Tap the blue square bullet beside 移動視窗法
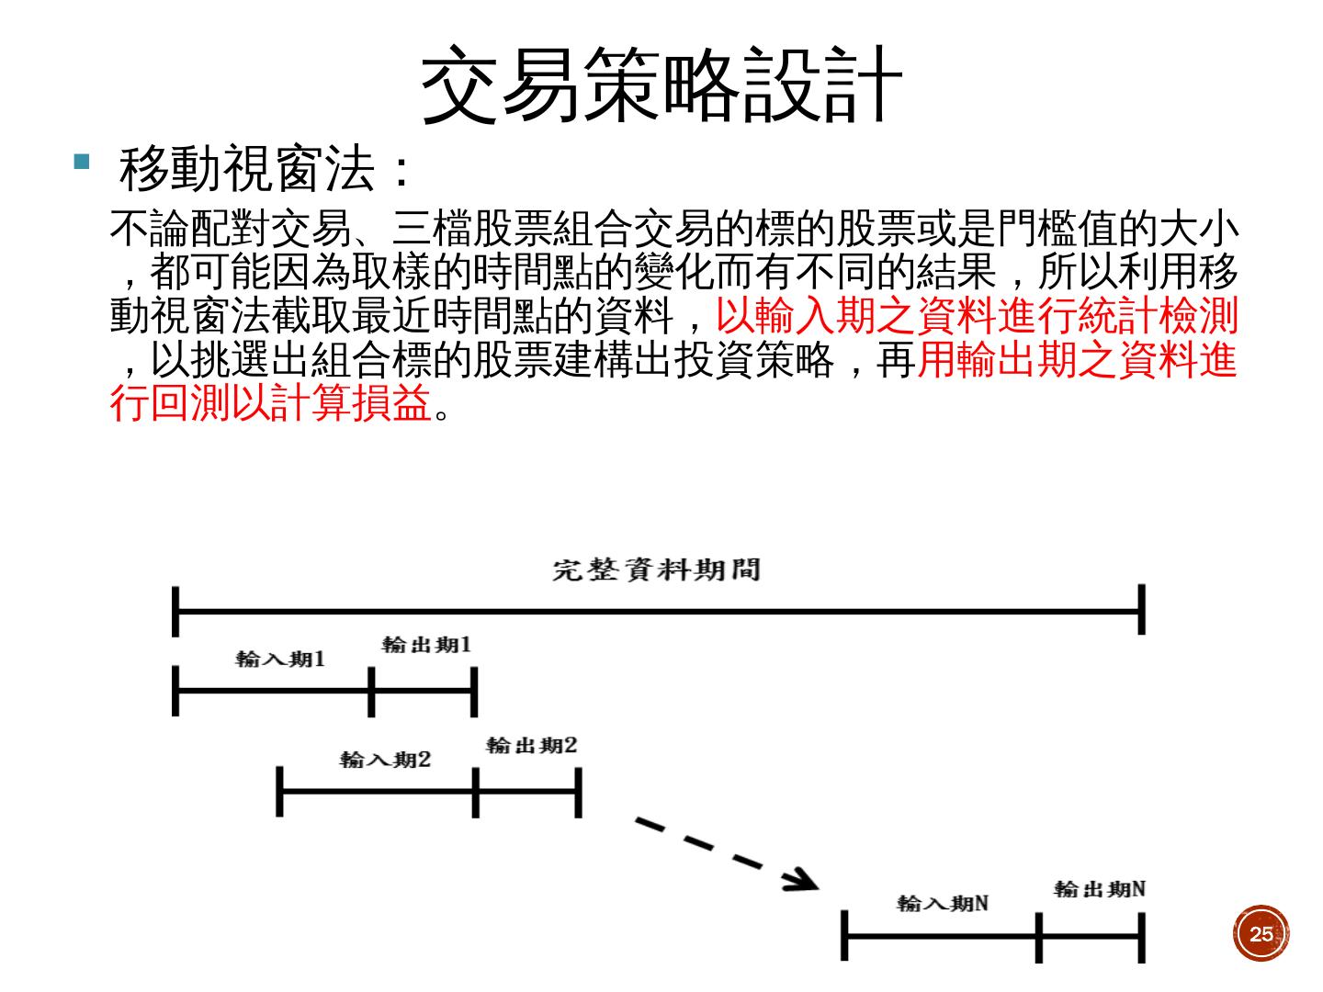point(82,163)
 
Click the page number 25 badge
point(1261,934)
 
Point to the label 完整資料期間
point(656,570)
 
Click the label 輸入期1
point(280,659)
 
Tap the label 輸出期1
point(426,645)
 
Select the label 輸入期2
point(385,760)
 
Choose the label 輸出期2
point(531,745)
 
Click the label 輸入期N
point(943,903)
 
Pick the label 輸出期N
point(1099,889)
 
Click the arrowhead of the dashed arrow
point(802,880)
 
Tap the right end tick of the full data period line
point(1141,609)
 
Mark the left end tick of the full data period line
point(175,610)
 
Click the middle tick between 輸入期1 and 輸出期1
point(371,692)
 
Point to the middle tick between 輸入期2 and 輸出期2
point(475,792)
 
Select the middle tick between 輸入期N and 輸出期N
point(1038,937)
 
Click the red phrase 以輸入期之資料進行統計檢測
point(977,316)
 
